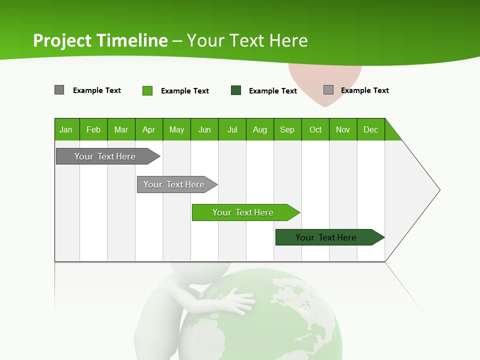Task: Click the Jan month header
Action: (x=66, y=129)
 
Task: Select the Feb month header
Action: (x=93, y=129)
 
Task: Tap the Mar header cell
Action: (x=121, y=129)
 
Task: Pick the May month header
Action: (x=176, y=129)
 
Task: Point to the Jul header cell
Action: (x=232, y=129)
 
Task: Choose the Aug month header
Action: (x=260, y=129)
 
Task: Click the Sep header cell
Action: (x=287, y=129)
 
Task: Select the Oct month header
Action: (x=315, y=129)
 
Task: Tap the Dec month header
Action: (x=371, y=129)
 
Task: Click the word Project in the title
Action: (x=62, y=40)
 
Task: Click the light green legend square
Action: (x=147, y=90)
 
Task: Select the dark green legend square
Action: (x=236, y=90)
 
